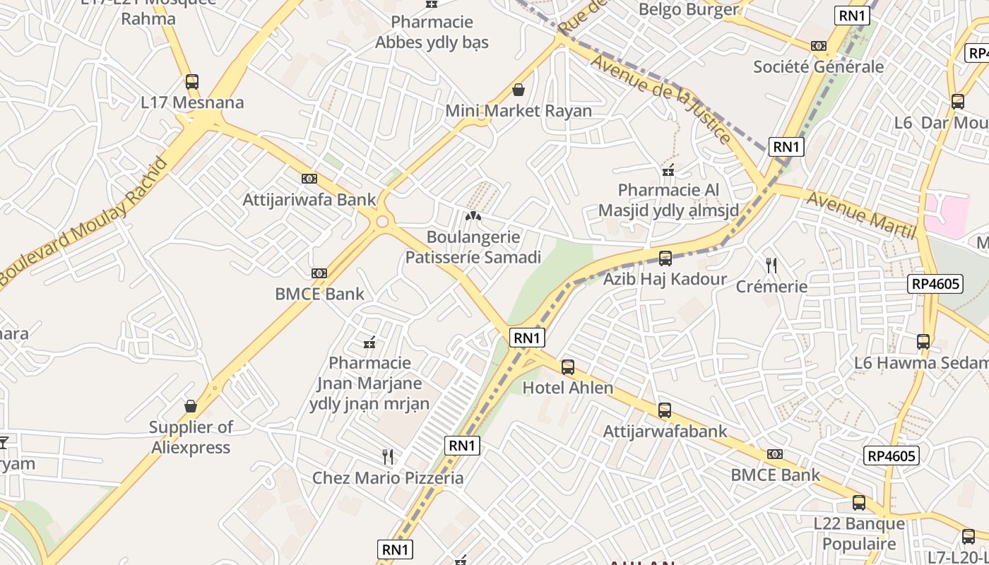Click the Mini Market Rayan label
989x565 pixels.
coord(519,111)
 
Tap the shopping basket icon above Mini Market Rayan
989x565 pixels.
coord(519,90)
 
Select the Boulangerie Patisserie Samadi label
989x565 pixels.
coord(473,247)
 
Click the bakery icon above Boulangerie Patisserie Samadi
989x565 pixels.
coord(473,216)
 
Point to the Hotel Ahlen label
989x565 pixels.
coord(567,388)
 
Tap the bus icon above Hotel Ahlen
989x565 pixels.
coord(567,367)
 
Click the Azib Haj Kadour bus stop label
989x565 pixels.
coord(664,279)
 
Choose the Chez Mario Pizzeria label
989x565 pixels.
coord(388,478)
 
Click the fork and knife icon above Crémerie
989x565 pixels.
coord(771,266)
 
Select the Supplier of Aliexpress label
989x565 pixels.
coord(191,437)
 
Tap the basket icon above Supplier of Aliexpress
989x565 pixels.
coord(190,406)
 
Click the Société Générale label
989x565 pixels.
coord(818,67)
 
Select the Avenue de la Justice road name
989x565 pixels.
coord(661,99)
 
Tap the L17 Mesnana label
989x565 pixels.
coord(192,102)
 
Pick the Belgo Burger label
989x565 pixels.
coord(688,9)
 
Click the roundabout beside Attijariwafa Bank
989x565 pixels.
coord(383,222)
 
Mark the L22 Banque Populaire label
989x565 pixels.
coord(858,533)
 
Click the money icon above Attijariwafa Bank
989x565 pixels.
coord(309,179)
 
